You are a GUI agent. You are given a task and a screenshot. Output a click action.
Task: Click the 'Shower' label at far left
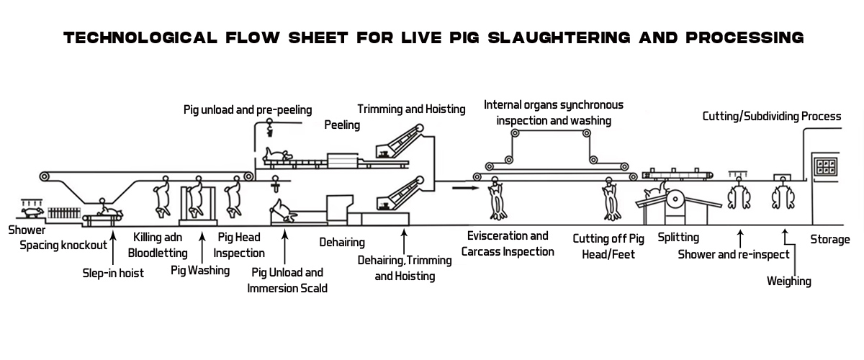27,231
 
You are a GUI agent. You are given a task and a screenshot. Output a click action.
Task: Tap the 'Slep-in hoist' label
112,273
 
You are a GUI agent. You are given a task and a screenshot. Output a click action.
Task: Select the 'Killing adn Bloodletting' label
157,245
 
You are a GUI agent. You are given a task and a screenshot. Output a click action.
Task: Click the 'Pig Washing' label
200,271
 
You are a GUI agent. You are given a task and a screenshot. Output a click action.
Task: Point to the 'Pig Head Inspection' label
239,245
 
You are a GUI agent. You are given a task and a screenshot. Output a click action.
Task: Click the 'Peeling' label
342,125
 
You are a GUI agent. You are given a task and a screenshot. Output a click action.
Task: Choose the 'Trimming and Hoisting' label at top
411,109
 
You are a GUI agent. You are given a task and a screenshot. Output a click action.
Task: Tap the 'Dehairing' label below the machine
342,243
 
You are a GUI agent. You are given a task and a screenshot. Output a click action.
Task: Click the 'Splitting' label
678,236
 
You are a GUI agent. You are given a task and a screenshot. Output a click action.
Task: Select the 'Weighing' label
789,281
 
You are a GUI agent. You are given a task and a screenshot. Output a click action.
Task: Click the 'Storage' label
830,239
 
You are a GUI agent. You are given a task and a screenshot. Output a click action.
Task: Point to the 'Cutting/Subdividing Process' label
771,116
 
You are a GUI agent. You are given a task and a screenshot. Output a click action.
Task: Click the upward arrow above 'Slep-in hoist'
113,245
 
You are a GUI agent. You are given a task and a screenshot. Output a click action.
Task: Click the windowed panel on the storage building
825,165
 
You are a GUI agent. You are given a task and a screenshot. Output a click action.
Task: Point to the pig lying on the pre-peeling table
277,154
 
